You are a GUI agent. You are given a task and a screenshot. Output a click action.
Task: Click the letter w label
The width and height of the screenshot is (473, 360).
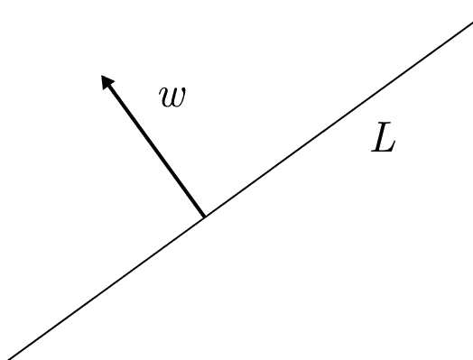tap(172, 97)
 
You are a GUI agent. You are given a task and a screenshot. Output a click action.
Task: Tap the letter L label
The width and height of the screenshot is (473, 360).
tap(383, 141)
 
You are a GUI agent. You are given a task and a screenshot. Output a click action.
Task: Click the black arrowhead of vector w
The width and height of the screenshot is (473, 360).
tap(107, 82)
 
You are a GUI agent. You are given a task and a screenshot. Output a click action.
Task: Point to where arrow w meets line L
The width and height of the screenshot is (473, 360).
tap(204, 217)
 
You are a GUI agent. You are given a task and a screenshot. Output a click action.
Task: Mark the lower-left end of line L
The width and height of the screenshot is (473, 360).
tap(2, 358)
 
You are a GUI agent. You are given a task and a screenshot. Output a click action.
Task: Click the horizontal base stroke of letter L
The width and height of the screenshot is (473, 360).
tap(385, 152)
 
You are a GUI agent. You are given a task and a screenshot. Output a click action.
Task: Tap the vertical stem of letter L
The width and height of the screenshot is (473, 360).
tap(379, 141)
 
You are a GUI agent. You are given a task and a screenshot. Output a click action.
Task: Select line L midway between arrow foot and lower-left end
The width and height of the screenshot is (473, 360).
tap(103, 288)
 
